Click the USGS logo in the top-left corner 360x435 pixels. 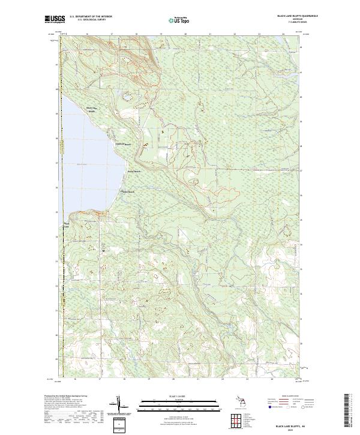pos(55,20)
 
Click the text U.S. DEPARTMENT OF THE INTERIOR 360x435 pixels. pos(90,17)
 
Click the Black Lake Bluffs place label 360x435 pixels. pos(91,109)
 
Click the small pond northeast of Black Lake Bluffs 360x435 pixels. pos(127,95)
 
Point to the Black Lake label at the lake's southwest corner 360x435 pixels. pos(67,226)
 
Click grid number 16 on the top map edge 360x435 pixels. pos(87,35)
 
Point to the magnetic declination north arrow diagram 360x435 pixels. pos(121,405)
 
